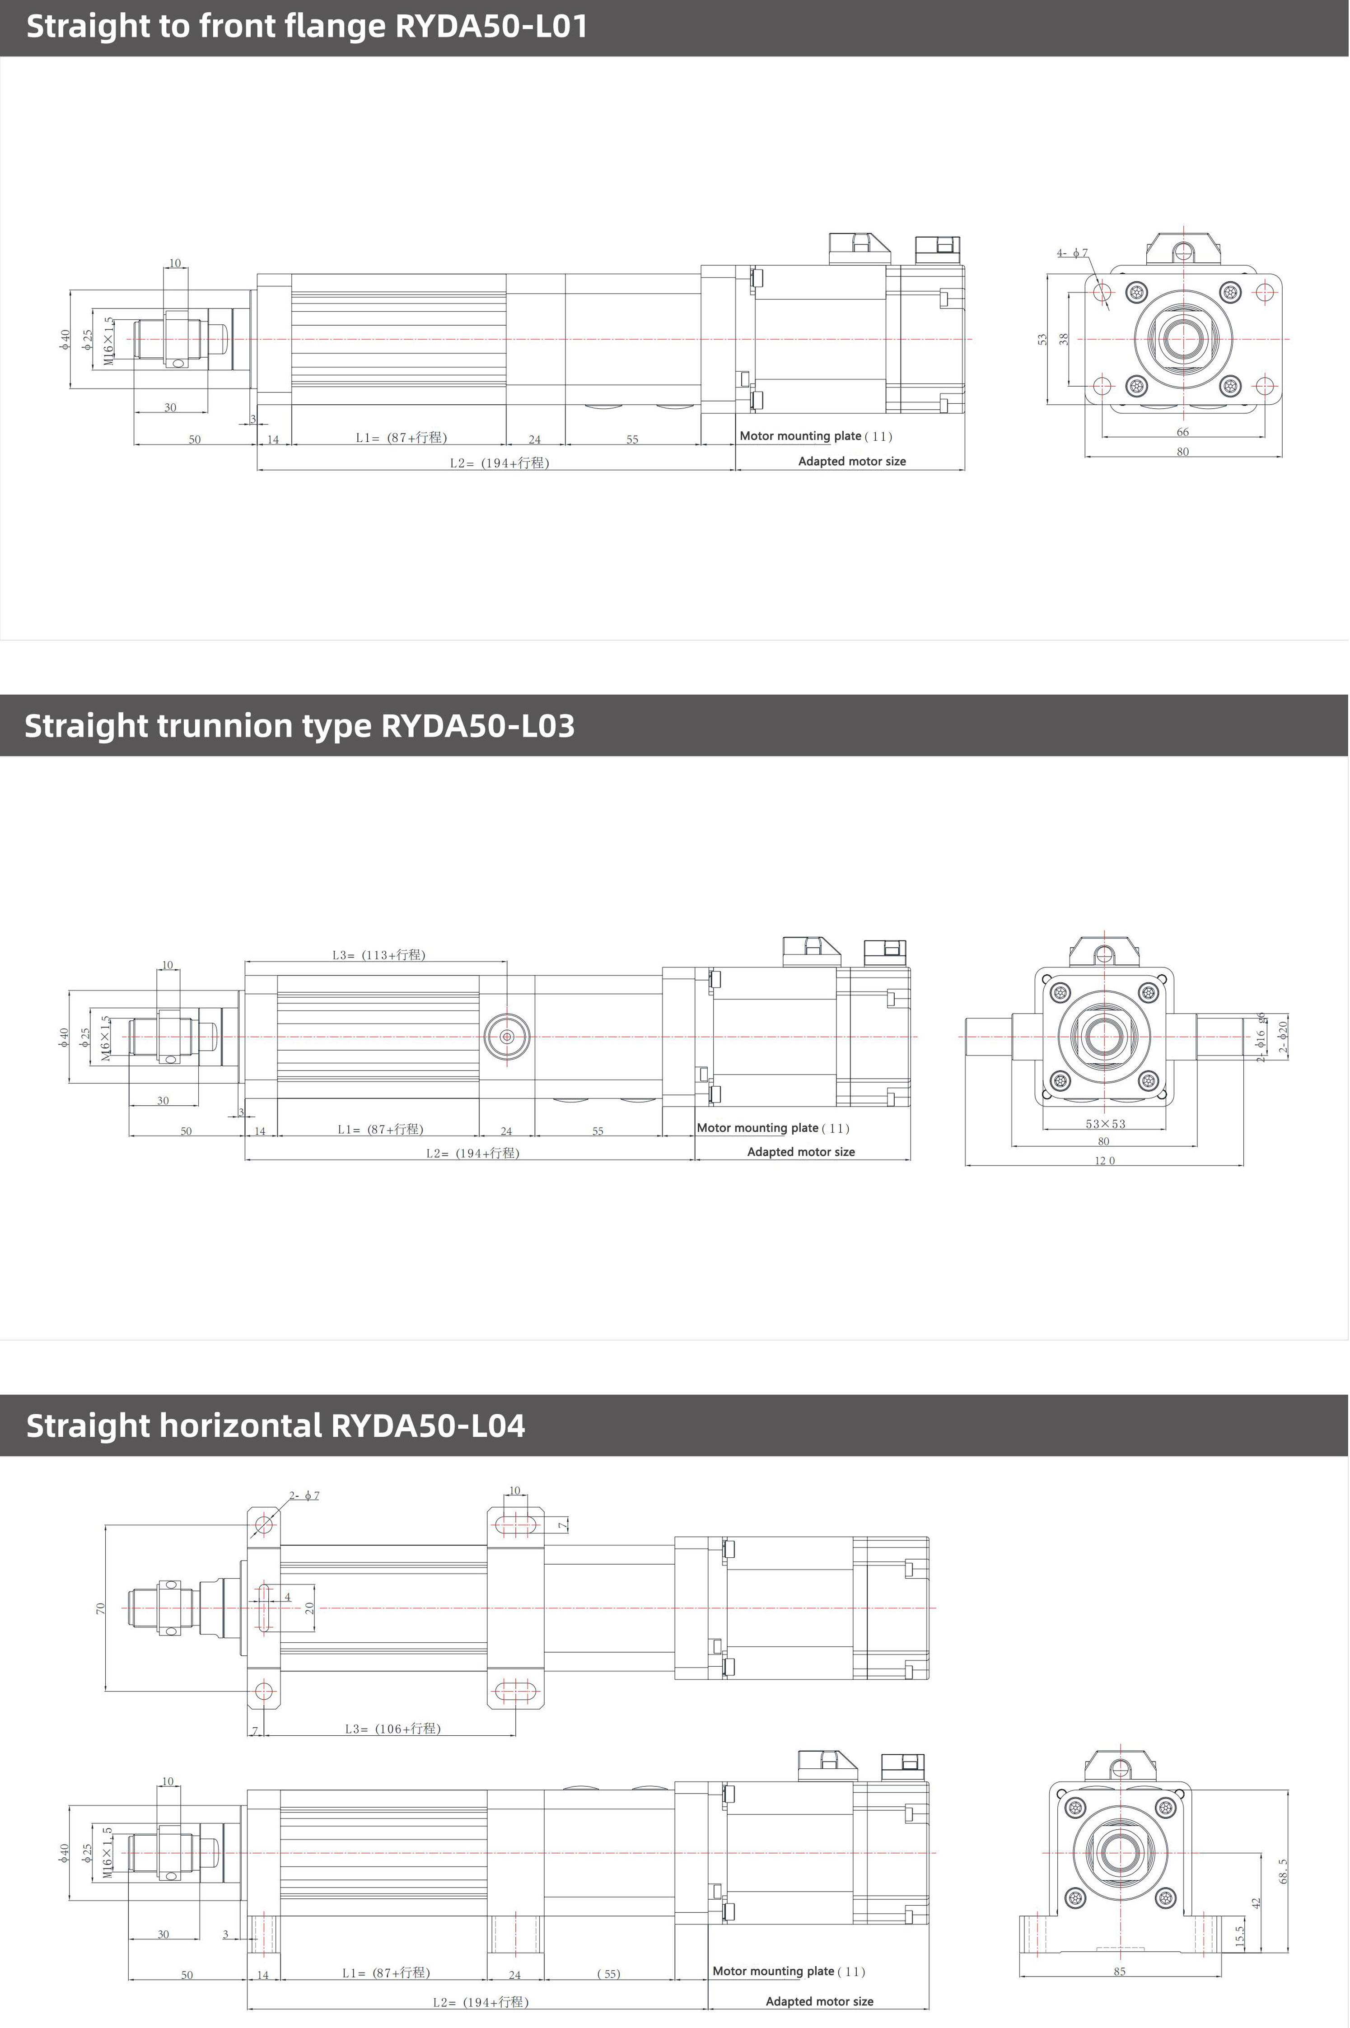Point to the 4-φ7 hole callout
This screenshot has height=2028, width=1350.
coord(1073,253)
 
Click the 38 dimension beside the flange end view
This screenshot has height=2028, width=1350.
coord(1064,339)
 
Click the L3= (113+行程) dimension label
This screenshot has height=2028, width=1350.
coord(379,955)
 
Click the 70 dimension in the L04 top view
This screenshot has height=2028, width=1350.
coord(101,1608)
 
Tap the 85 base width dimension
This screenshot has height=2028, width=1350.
coord(1119,1971)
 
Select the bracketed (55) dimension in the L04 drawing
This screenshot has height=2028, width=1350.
coord(609,1974)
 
